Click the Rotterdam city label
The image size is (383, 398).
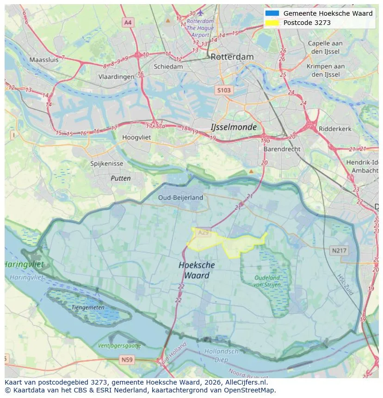pyautogui.click(x=232, y=57)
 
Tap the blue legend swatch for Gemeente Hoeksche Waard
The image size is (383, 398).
pyautogui.click(x=272, y=13)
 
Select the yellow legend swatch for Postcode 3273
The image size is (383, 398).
pyautogui.click(x=272, y=23)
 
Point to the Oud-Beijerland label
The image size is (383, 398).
pyautogui.click(x=180, y=197)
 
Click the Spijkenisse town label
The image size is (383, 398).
pyautogui.click(x=107, y=164)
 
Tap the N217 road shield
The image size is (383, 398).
pyautogui.click(x=339, y=251)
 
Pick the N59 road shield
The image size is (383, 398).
pyautogui.click(x=127, y=360)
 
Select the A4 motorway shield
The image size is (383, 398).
pyautogui.click(x=128, y=22)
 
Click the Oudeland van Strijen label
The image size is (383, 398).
pyautogui.click(x=267, y=281)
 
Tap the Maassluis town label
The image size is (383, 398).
pyautogui.click(x=44, y=60)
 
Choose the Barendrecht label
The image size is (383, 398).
pyautogui.click(x=282, y=149)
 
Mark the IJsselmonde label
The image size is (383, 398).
pyautogui.click(x=233, y=127)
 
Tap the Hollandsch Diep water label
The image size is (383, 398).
pyautogui.click(x=222, y=355)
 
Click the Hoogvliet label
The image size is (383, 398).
pyautogui.click(x=136, y=137)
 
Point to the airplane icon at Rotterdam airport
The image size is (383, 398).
pyautogui.click(x=200, y=12)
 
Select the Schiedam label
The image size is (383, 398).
pyautogui.click(x=168, y=67)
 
